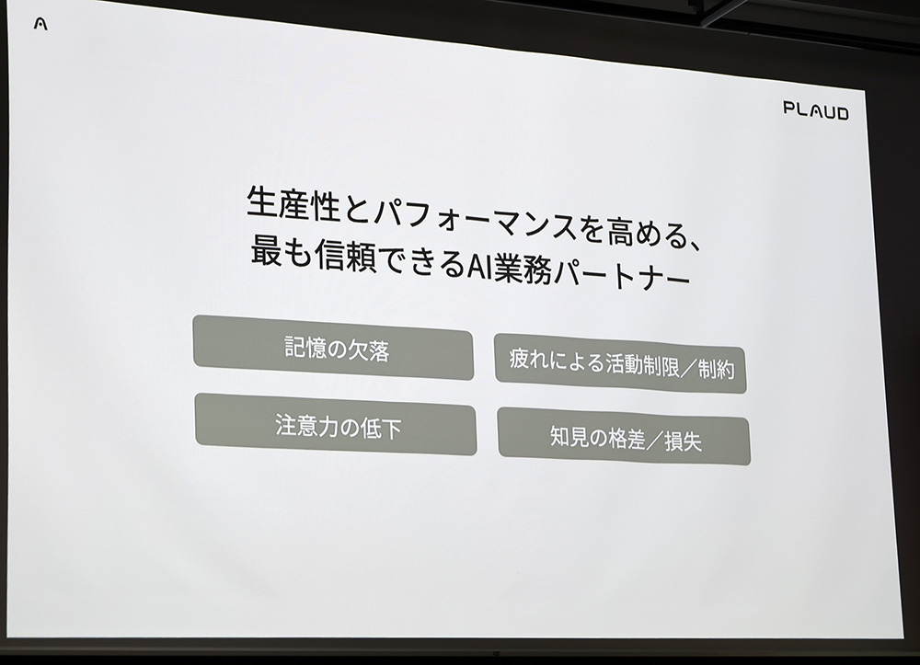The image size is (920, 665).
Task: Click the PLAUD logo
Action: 815,111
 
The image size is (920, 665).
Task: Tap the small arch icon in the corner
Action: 40,24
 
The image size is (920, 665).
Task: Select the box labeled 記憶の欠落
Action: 333,348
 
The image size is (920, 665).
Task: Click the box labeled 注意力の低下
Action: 336,425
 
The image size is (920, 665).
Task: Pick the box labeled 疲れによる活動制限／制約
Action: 620,364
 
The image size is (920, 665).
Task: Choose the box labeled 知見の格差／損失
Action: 624,439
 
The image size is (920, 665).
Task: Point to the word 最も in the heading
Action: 272,255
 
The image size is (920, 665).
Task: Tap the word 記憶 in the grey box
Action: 305,347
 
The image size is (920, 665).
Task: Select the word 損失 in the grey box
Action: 682,441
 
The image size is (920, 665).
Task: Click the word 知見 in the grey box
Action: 568,437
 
